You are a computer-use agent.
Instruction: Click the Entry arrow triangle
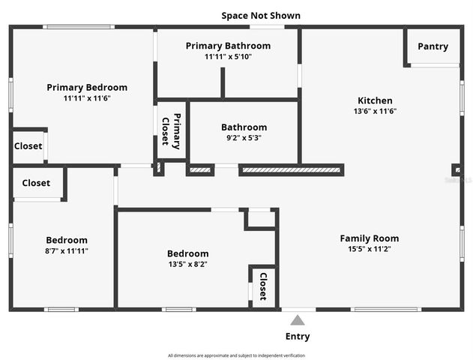coord(298,320)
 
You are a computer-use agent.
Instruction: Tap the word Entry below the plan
coord(298,337)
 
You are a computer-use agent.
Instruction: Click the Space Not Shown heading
coord(261,15)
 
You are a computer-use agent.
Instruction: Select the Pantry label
coord(433,46)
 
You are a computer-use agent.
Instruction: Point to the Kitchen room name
coord(375,100)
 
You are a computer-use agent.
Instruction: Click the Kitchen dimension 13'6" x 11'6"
coord(375,111)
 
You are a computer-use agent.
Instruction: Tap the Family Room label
coord(370,238)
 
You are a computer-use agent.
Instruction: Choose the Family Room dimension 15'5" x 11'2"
coord(370,249)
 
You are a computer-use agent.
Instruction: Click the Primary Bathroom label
coord(228,46)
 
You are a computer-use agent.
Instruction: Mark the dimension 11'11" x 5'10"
coord(228,57)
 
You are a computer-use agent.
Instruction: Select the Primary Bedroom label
coord(87,87)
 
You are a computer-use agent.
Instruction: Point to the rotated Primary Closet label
coord(172,129)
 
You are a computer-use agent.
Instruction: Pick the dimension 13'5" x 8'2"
coord(187,264)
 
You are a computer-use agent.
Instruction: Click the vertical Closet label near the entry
coord(263,286)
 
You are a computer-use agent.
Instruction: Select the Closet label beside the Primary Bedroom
coord(28,146)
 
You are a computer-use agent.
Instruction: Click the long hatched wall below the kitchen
coord(290,170)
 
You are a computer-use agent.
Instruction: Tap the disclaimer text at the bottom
coord(236,355)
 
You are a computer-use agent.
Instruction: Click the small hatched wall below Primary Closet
coord(200,170)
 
